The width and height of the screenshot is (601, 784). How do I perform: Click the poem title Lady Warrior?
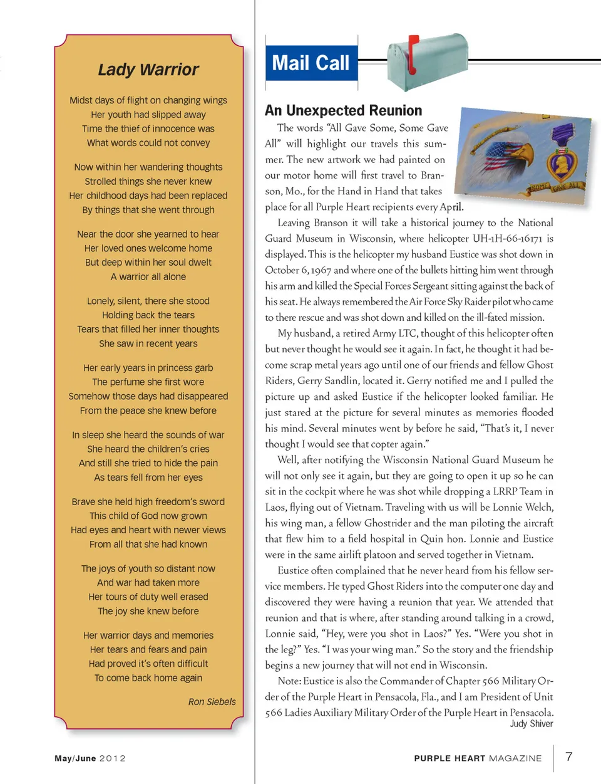click(x=148, y=70)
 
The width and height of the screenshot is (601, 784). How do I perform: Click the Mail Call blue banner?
click(x=311, y=63)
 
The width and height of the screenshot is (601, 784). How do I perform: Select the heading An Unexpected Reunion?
click(x=343, y=111)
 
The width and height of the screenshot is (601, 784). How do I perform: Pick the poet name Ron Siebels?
click(x=212, y=702)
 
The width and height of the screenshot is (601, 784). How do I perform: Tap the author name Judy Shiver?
click(x=531, y=724)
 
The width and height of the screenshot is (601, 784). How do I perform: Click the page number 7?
click(x=568, y=756)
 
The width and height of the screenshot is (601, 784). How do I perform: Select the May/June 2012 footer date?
click(x=90, y=758)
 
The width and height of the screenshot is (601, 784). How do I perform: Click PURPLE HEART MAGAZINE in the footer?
click(x=478, y=758)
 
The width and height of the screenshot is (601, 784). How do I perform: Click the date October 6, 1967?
click(x=297, y=270)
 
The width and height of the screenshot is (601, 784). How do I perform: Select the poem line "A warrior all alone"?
click(x=148, y=277)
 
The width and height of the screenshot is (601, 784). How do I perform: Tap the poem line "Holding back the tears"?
click(x=148, y=315)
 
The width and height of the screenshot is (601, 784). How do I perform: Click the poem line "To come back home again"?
click(x=148, y=678)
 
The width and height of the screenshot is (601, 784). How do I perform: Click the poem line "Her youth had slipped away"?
click(x=148, y=115)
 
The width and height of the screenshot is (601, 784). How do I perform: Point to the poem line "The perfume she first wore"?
click(x=148, y=382)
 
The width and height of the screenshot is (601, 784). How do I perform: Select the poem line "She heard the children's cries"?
click(x=148, y=449)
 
